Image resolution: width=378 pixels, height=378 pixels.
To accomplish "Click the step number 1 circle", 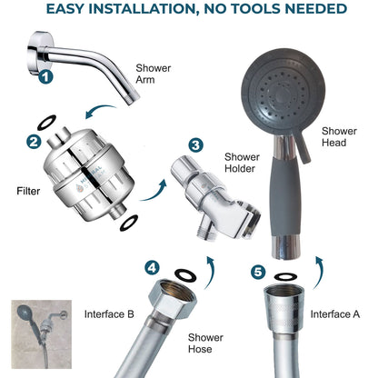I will (x=45, y=78).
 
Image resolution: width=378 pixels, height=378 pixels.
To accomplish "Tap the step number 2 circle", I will (x=33, y=141).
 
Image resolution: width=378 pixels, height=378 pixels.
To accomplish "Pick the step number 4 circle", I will (x=153, y=268).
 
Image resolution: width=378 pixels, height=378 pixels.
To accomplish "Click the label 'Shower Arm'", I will (x=153, y=74).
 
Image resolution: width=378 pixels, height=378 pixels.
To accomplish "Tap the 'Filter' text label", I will (x=28, y=192).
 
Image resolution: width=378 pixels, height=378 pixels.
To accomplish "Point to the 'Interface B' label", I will (x=109, y=313).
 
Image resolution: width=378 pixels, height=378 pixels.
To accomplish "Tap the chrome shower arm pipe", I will (x=83, y=46).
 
